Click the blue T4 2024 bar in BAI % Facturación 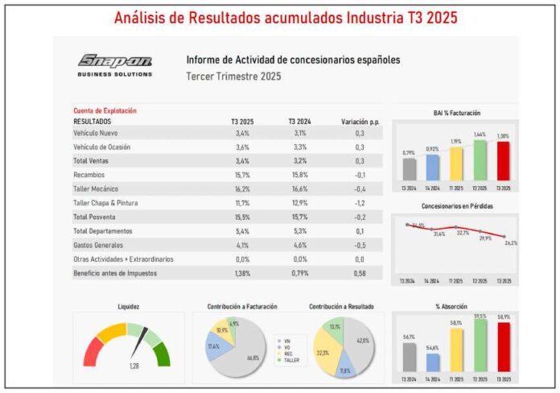433,167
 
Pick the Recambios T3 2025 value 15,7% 242,175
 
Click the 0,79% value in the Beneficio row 298,274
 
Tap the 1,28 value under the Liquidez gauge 135,366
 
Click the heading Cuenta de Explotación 105,110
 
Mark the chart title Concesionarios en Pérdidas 456,206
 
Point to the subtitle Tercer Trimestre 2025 234,77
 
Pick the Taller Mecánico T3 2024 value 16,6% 298,189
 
